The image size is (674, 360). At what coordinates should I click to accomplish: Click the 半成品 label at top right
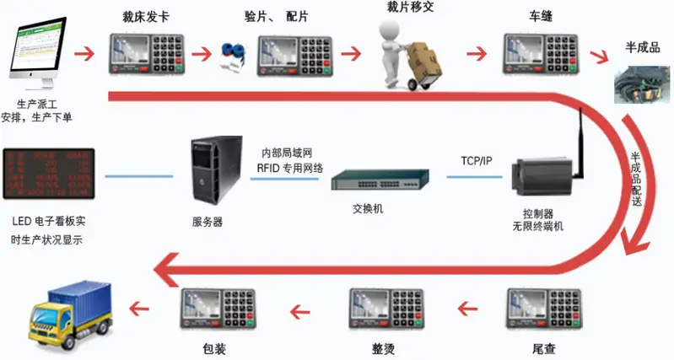click(x=640, y=46)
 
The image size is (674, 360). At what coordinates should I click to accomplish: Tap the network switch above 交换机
click(x=379, y=180)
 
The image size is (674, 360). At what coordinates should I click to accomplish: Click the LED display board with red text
click(x=48, y=174)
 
